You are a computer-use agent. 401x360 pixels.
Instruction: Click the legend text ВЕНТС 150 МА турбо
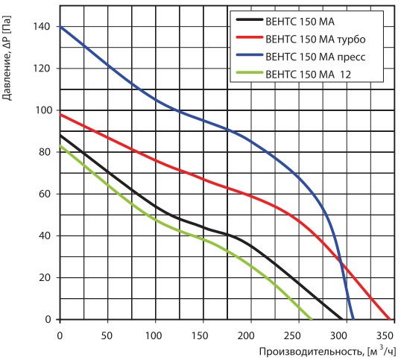coord(315,40)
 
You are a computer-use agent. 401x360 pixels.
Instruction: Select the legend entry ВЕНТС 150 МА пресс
coord(315,57)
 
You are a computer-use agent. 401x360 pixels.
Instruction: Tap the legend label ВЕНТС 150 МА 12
coord(308,75)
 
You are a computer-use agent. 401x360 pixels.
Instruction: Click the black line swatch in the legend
coord(250,19)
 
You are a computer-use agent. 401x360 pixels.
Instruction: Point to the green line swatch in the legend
coord(250,72)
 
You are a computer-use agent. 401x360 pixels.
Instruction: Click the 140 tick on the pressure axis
coord(41,26)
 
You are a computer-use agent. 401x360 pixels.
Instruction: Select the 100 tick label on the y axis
coord(42,110)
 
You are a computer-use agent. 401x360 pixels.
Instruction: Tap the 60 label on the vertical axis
coord(44,194)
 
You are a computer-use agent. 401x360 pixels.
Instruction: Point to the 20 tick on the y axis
coord(44,277)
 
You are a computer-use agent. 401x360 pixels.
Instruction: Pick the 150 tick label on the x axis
coord(200,335)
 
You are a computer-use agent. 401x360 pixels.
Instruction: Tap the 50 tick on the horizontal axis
coord(107,335)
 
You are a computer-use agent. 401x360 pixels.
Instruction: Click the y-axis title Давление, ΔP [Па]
coord(7,58)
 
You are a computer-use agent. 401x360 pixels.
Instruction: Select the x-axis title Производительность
coord(311,352)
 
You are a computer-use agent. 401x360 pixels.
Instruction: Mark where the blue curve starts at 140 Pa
coord(60,26)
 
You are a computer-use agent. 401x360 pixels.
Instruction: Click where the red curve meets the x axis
coord(390,319)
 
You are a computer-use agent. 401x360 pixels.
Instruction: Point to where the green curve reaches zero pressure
coord(312,319)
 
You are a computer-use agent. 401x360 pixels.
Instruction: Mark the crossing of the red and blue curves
coord(341,262)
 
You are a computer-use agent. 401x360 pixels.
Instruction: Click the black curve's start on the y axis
coord(60,135)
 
